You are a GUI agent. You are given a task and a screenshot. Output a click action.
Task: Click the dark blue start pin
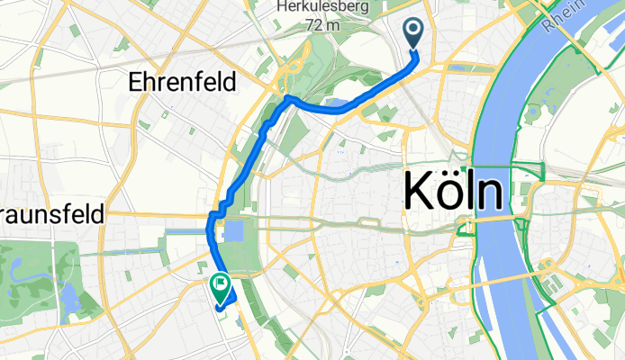(x=414, y=33)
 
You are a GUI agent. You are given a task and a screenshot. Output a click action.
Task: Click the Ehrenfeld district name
(x=183, y=83)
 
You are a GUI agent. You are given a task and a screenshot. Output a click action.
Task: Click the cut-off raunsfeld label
(x=51, y=216)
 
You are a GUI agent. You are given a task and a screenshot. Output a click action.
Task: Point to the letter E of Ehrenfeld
(x=136, y=83)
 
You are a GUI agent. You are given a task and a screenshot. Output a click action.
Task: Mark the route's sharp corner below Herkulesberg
(x=286, y=97)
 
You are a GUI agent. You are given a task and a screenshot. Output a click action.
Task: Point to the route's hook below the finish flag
(x=219, y=307)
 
